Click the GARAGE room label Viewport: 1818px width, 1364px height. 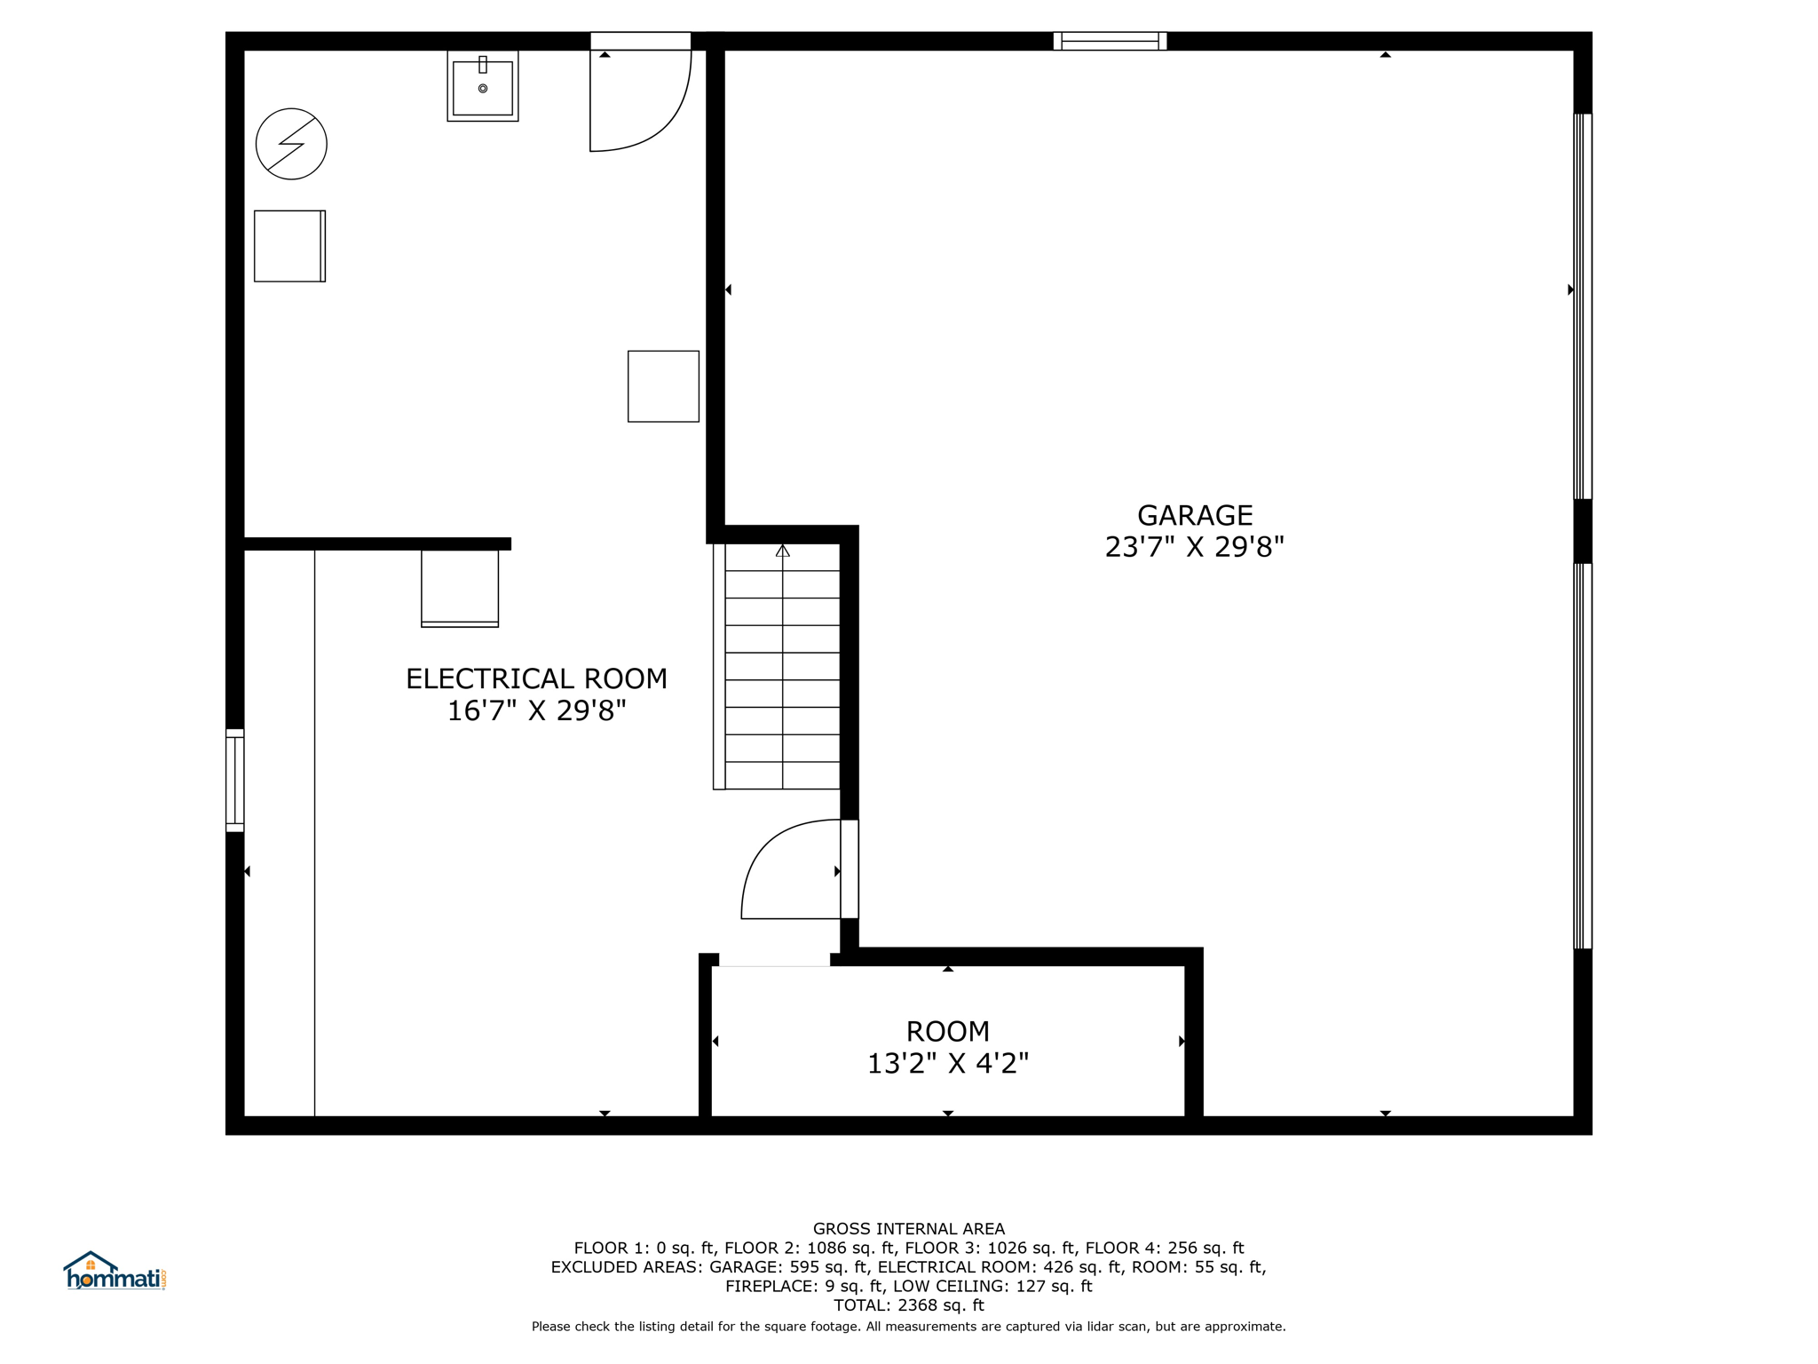click(x=1195, y=515)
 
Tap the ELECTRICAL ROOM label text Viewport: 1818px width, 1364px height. click(x=536, y=678)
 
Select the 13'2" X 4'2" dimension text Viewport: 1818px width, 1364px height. click(x=947, y=1063)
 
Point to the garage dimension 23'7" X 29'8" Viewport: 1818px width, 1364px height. click(x=1195, y=547)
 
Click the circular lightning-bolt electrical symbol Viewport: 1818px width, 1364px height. click(x=291, y=144)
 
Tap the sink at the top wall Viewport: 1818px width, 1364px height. click(x=483, y=86)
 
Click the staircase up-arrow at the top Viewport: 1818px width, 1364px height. click(x=782, y=551)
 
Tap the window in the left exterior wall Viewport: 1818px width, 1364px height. click(x=234, y=781)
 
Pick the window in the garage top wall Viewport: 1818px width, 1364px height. click(x=1110, y=41)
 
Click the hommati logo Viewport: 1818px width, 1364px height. click(x=115, y=1271)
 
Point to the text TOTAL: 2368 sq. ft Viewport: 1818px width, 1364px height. click(x=909, y=1305)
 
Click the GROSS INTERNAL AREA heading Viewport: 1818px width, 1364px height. click(x=909, y=1229)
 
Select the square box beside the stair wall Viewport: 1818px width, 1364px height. click(x=663, y=386)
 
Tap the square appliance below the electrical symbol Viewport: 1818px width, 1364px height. click(x=289, y=246)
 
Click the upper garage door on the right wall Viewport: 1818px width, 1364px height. click(x=1583, y=306)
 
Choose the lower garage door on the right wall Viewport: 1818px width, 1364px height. click(x=1583, y=757)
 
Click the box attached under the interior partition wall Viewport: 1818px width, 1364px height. click(x=460, y=589)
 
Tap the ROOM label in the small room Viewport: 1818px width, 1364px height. click(x=947, y=1031)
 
